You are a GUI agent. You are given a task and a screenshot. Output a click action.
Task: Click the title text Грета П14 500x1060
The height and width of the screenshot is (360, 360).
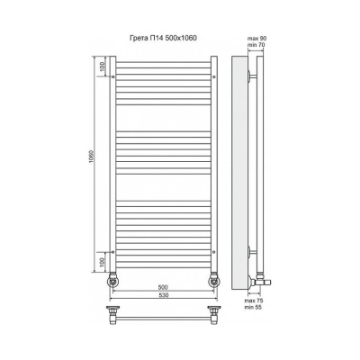(x=163, y=38)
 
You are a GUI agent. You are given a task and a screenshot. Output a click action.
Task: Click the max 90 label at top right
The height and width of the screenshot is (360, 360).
(x=256, y=39)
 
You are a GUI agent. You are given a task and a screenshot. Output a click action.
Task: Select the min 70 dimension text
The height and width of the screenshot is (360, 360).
(x=256, y=45)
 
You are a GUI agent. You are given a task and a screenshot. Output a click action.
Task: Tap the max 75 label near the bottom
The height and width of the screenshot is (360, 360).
(x=254, y=301)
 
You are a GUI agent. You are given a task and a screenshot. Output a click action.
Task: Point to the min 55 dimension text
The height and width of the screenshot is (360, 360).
(x=254, y=307)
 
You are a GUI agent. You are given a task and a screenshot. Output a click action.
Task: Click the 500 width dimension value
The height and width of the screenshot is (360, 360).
(x=163, y=287)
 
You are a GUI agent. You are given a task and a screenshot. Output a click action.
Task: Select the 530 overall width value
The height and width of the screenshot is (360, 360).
(x=163, y=295)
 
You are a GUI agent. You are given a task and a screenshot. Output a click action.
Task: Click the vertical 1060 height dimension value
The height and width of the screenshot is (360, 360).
(x=93, y=156)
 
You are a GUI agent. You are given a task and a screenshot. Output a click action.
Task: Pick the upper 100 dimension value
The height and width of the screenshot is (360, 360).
(x=103, y=67)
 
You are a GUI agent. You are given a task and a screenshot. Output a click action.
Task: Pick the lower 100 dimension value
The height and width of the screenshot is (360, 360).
(x=103, y=262)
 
